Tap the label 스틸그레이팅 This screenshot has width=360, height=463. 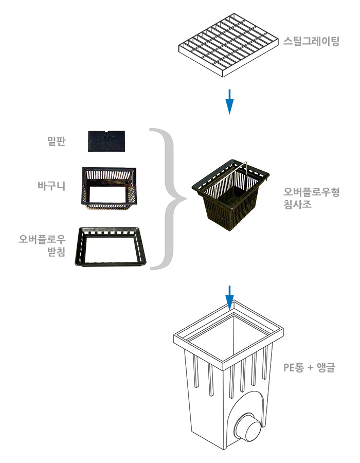tap(311, 42)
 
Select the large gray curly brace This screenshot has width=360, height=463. tap(167, 199)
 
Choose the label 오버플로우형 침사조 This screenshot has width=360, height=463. tap(312, 198)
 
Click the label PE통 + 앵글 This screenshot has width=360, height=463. tap(309, 368)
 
